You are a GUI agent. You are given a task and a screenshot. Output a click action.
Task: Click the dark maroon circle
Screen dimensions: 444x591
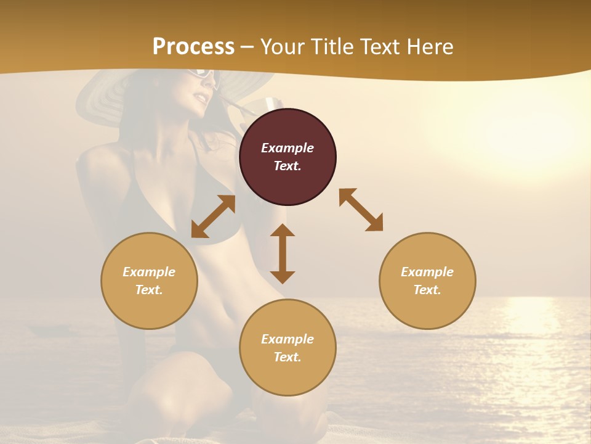point(287,157)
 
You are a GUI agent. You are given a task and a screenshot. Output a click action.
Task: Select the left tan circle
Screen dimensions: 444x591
point(149,281)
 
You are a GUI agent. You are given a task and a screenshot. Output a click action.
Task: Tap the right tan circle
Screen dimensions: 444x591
point(427,281)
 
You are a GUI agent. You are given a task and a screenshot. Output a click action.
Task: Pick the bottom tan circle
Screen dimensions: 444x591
point(287,348)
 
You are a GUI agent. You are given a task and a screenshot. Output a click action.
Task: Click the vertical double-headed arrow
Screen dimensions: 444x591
point(283,253)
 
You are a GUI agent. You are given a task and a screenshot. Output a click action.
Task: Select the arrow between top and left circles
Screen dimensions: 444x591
point(213,216)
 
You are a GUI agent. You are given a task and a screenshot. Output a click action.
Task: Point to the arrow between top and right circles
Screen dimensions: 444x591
point(361,210)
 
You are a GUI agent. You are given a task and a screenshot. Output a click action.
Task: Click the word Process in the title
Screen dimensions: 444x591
point(193,46)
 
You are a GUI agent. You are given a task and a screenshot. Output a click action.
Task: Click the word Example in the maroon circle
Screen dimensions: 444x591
point(287,148)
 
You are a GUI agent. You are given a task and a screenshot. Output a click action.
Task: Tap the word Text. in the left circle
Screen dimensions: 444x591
point(149,290)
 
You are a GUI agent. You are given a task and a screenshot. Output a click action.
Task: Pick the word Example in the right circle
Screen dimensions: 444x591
point(427,272)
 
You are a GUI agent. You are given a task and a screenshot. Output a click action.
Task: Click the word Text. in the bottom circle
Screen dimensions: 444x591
point(287,357)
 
